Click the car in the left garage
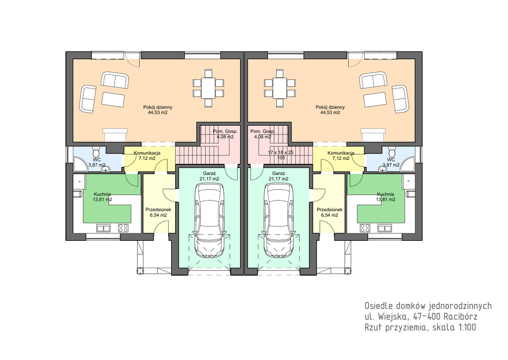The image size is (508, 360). [209, 220]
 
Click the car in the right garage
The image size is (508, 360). [279, 220]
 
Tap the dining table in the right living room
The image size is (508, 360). [280, 88]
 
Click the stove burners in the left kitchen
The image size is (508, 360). [123, 228]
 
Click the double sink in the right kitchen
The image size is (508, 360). [384, 228]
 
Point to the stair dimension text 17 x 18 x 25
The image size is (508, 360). [281, 152]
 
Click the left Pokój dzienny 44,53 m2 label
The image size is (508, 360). [158, 110]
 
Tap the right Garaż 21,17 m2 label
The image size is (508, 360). [279, 176]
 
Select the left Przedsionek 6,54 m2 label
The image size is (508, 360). [158, 213]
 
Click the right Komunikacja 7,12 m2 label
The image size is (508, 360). [341, 156]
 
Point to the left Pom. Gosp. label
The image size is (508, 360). [225, 132]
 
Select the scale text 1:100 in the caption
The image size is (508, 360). [467, 327]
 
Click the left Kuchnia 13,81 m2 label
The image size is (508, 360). [102, 197]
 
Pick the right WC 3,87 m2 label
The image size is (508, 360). [391, 162]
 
